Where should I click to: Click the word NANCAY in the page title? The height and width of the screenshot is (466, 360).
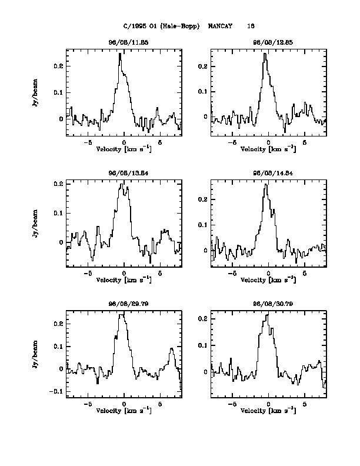(x=220, y=26)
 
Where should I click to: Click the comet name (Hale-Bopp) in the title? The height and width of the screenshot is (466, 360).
(x=179, y=26)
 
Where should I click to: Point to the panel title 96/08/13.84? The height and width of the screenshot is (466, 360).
(x=124, y=173)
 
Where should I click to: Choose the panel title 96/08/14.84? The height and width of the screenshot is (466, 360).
(x=268, y=173)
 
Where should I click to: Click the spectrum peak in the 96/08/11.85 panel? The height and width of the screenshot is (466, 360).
(x=120, y=54)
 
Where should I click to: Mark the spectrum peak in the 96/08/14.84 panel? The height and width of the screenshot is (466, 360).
(x=265, y=185)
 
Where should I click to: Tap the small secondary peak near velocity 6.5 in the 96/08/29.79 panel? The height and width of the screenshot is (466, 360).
(x=172, y=349)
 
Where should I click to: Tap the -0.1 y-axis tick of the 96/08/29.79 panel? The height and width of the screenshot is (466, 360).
(x=57, y=391)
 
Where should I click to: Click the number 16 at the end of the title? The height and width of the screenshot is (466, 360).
(x=251, y=26)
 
